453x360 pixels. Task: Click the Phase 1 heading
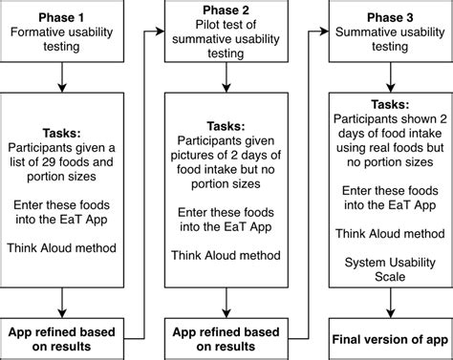pos(61,17)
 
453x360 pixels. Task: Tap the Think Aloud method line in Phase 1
pos(61,247)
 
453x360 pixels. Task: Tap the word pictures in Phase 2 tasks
pos(207,155)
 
